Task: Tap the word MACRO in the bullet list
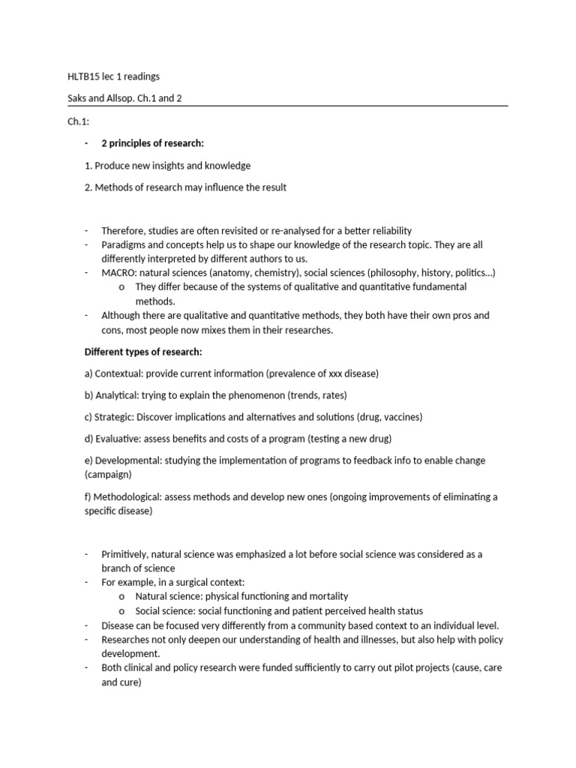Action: point(118,272)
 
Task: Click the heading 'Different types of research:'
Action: point(142,352)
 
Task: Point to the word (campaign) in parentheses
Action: point(107,475)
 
